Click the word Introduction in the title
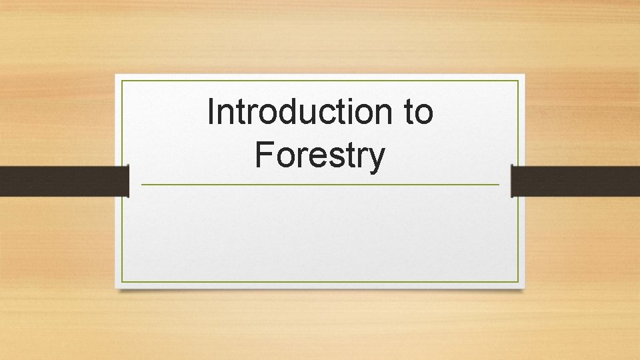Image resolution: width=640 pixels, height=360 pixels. [300, 112]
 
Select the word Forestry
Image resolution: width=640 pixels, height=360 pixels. [320, 155]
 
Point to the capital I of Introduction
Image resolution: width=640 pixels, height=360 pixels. [211, 111]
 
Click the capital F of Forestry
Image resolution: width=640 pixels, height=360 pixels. [263, 155]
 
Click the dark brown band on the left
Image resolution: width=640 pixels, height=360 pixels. [63, 181]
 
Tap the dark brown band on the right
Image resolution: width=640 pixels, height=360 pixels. [576, 181]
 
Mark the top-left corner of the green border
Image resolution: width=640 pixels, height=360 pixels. [122, 81]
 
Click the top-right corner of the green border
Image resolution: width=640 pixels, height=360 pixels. [518, 81]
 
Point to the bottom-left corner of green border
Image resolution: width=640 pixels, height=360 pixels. [122, 282]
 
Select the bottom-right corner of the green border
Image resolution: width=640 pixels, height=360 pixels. [518, 282]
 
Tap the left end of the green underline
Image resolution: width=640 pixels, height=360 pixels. [141, 185]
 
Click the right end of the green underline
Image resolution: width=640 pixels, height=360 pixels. [499, 185]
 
